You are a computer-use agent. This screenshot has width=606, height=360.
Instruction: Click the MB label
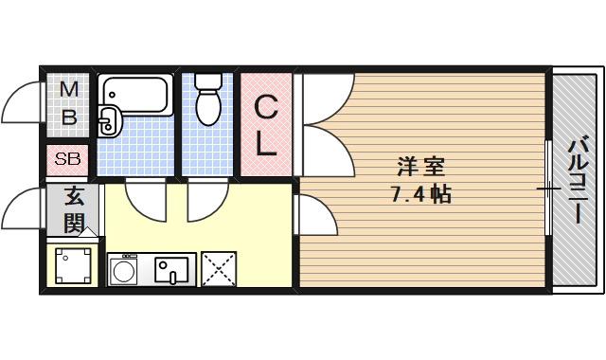pyautogui.click(x=69, y=104)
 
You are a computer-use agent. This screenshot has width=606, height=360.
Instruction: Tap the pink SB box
pyautogui.click(x=67, y=159)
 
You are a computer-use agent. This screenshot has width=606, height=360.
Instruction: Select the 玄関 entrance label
pyautogui.click(x=73, y=210)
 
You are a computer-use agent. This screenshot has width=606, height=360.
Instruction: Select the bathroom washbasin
pyautogui.click(x=107, y=121)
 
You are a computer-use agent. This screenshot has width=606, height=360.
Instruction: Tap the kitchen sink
pyautogui.click(x=173, y=271)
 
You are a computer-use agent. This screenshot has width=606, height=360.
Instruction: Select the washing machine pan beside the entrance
pyautogui.click(x=73, y=265)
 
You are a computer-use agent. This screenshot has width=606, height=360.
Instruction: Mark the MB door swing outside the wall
pyautogui.click(x=23, y=104)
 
